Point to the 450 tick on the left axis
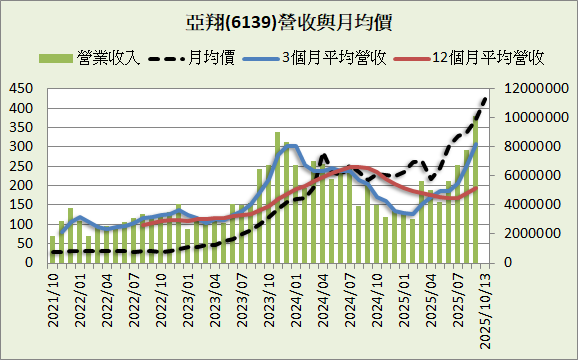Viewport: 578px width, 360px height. (21, 89)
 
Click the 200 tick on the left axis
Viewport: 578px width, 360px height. (21, 186)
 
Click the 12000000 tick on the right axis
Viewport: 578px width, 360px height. (535, 89)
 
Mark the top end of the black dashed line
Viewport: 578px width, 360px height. (485, 98)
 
